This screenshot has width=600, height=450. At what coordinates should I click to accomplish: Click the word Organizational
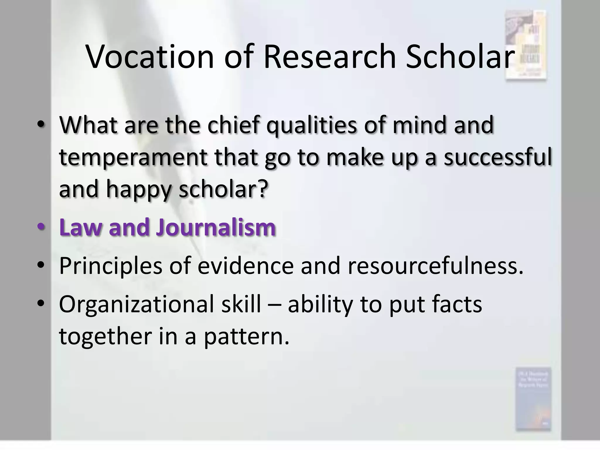coord(137,304)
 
